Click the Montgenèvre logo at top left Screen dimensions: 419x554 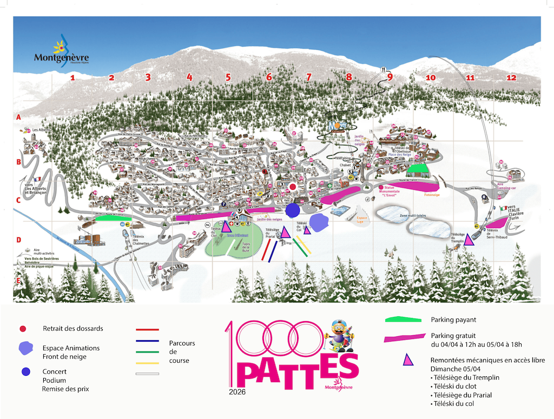click(61, 53)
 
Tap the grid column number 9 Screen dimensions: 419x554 click(390, 77)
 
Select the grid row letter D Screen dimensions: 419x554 click(18, 240)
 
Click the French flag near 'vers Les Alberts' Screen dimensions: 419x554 click(37, 179)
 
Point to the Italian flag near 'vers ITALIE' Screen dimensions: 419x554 click(503, 208)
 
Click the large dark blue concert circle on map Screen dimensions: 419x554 click(293, 209)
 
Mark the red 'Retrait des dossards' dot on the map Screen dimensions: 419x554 click(293, 187)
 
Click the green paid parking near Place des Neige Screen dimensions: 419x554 click(420, 170)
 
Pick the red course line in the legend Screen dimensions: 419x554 click(147, 329)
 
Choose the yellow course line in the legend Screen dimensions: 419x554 click(147, 363)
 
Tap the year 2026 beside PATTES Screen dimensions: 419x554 click(237, 391)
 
